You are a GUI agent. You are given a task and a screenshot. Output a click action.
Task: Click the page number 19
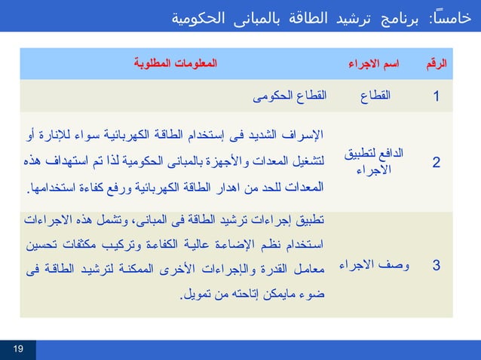(x=18, y=347)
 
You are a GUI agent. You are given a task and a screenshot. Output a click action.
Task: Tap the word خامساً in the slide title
(x=449, y=17)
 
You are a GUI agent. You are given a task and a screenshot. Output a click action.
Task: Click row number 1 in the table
(x=437, y=96)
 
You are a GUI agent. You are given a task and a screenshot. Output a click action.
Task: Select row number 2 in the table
(x=437, y=161)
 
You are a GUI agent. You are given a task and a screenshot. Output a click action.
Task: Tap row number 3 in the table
(x=437, y=265)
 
